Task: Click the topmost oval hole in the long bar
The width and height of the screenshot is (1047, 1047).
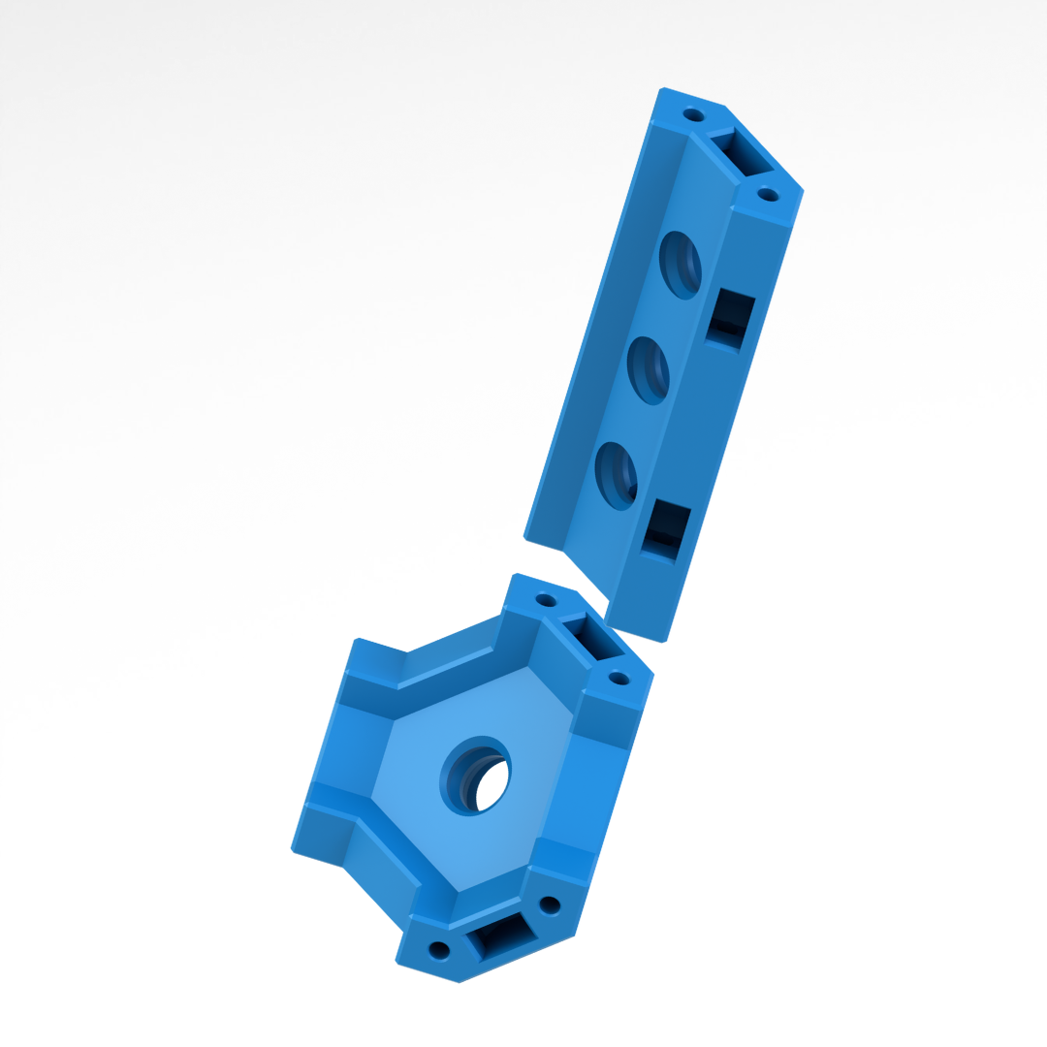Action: coord(681,265)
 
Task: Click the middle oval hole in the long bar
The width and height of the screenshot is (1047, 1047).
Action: coord(649,369)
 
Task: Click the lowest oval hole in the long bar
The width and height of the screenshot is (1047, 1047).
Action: coord(617,475)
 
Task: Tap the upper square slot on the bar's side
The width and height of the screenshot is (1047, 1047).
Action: coord(730,318)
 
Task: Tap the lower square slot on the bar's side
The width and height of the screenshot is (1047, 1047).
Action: coord(666,529)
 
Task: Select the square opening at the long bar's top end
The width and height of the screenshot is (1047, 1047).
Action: coord(740,154)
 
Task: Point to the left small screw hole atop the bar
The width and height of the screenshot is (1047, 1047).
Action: coord(693,115)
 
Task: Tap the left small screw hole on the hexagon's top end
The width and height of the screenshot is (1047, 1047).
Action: coord(546,600)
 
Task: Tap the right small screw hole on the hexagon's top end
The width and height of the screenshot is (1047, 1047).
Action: coord(619,678)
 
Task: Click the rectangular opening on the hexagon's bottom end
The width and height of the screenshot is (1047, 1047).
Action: coord(501,935)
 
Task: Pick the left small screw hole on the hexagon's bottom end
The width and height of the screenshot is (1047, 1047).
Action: coord(439,949)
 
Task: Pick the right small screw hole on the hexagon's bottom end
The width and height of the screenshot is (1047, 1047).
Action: coord(550,905)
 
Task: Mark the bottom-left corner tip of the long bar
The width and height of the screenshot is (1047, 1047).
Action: coord(525,537)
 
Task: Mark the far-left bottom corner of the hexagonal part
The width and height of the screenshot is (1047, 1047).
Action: coord(293,850)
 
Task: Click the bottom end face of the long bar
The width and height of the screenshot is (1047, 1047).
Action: coord(635,632)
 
